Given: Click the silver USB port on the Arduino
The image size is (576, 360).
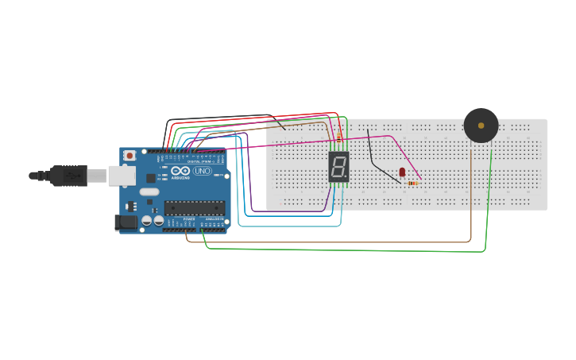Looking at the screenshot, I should click(122, 175).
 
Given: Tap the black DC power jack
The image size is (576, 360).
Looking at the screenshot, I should click(125, 223).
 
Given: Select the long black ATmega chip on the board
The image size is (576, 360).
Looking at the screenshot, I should click(195, 208).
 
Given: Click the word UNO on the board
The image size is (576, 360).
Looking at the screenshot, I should click(203, 171).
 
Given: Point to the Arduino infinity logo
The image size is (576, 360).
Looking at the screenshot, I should click(180, 171).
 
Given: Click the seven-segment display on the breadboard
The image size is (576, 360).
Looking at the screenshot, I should click(339, 167).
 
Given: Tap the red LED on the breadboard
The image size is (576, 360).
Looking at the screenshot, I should click(402, 172).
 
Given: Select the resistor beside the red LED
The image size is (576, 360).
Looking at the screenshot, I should click(412, 184).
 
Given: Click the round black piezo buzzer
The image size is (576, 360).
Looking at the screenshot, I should click(481, 126).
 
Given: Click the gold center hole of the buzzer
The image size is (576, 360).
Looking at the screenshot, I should click(481, 125).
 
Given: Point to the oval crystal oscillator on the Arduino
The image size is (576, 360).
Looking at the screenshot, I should click(149, 192).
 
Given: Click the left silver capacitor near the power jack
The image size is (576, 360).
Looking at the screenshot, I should click(147, 220).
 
